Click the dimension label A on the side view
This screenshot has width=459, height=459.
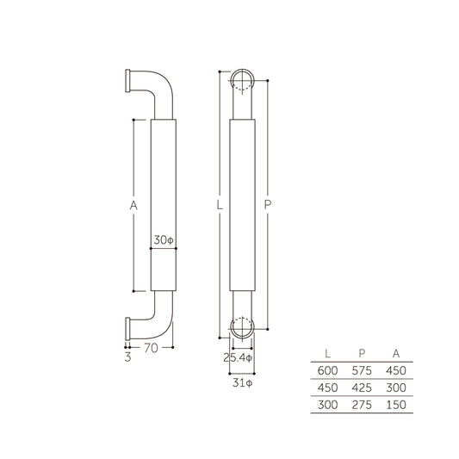133,206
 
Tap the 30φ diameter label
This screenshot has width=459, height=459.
163,239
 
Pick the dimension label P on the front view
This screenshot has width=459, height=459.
268,206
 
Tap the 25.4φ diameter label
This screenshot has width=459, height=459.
237,356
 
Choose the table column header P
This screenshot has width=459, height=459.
361,353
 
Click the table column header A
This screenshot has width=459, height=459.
394,353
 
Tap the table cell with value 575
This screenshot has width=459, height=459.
361,369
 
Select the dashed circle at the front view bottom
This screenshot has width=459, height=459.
244,327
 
